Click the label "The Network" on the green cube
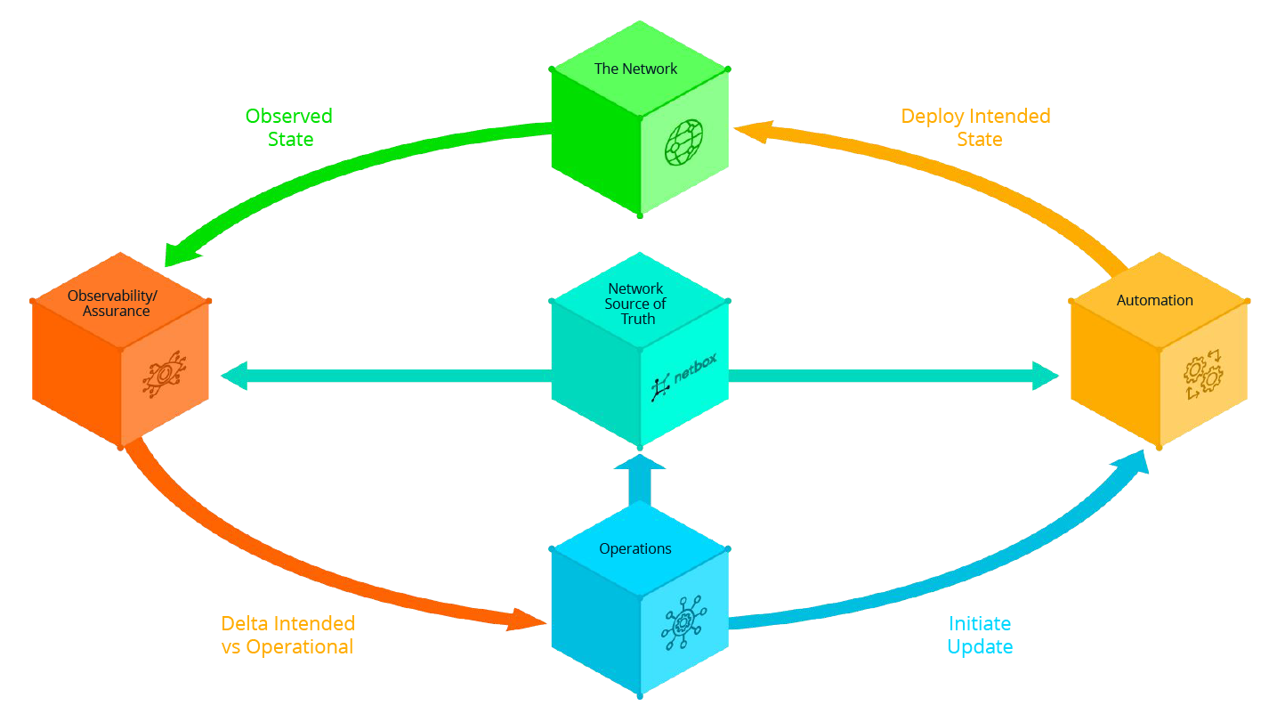click(x=635, y=69)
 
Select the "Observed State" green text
click(x=289, y=127)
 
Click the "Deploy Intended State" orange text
click(x=976, y=127)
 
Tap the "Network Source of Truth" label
click(x=636, y=304)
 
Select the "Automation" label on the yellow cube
click(x=1154, y=300)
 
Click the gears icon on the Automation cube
click(x=1202, y=375)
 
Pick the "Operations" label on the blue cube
click(x=635, y=548)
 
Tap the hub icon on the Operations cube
click(x=683, y=624)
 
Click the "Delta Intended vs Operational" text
click(x=287, y=635)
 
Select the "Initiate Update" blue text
click(x=980, y=635)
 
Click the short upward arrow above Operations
click(x=639, y=481)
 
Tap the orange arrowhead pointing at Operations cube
click(x=526, y=620)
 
